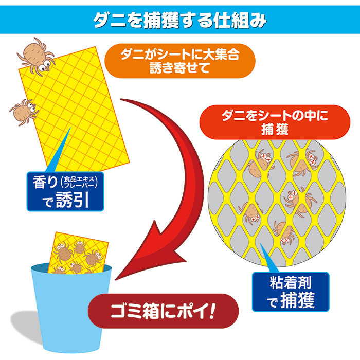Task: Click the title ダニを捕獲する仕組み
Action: tap(180, 21)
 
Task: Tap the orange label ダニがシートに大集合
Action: tap(180, 61)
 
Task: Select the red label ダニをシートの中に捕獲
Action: tap(275, 122)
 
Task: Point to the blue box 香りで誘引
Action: tap(65, 191)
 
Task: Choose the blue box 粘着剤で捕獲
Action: tap(291, 292)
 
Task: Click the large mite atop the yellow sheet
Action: tap(37, 56)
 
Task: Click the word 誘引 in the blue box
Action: tap(73, 200)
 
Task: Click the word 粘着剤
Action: tap(291, 283)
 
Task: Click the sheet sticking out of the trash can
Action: tap(78, 253)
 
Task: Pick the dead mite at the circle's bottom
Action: tap(283, 232)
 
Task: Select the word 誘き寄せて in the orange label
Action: tap(180, 68)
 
